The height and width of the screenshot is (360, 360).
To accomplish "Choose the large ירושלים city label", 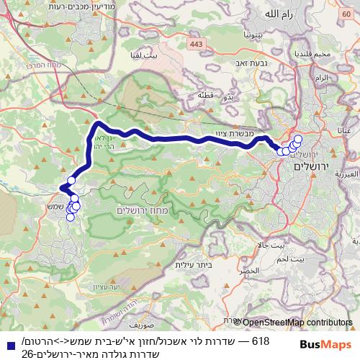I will [x=310, y=167].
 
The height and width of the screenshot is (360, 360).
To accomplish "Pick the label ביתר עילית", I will [x=191, y=265].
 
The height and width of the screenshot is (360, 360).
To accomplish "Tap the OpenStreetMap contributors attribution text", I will [x=294, y=323].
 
